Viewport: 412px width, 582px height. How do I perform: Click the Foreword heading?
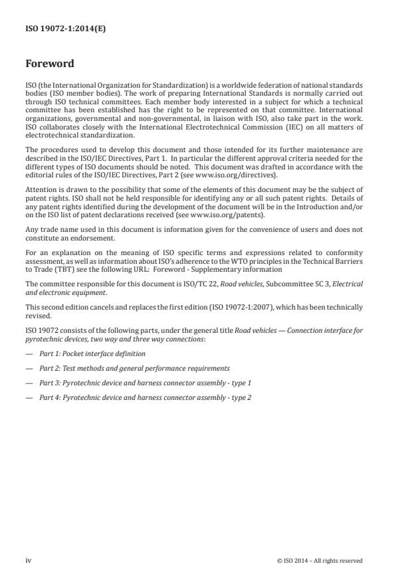coord(49,64)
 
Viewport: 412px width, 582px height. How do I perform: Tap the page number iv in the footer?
coord(28,560)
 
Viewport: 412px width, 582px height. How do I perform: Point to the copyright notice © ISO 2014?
coord(320,560)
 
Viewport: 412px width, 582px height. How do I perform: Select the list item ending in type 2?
coord(145,397)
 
